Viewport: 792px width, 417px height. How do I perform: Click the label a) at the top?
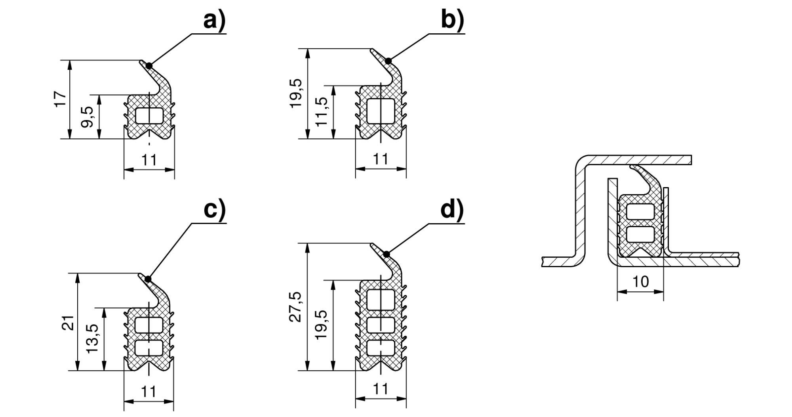pyautogui.click(x=214, y=21)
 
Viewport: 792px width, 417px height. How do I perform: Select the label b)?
pyautogui.click(x=452, y=21)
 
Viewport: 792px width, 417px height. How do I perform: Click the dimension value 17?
pyautogui.click(x=60, y=99)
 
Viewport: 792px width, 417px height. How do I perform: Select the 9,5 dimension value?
pyautogui.click(x=87, y=117)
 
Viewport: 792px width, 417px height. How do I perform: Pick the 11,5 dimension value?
pyautogui.click(x=322, y=111)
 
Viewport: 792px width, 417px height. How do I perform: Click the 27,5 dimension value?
pyautogui.click(x=297, y=306)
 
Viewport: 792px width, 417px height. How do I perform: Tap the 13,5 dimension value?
pyautogui.click(x=92, y=339)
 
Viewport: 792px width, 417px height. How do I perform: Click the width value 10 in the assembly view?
pyautogui.click(x=640, y=281)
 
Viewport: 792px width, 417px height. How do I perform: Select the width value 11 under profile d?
pyautogui.click(x=381, y=389)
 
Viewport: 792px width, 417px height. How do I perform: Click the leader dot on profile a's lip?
pyautogui.click(x=149, y=65)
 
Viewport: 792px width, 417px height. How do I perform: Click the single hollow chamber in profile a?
pyautogui.click(x=149, y=115)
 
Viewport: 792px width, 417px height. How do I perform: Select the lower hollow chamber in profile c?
pyautogui.click(x=149, y=347)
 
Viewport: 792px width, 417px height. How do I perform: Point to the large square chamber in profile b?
pyautogui.click(x=381, y=111)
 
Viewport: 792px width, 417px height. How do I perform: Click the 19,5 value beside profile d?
pyautogui.click(x=322, y=324)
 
